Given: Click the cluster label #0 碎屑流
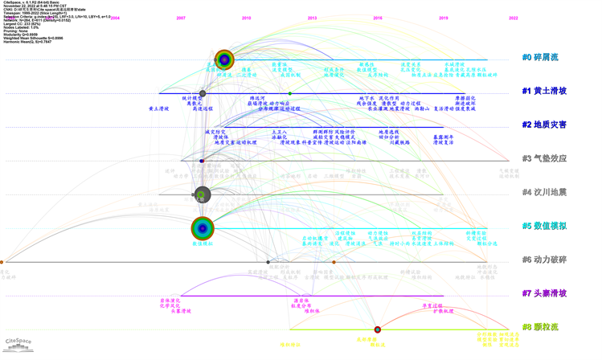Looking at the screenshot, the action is (540, 58).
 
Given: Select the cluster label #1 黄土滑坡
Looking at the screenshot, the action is (544, 92).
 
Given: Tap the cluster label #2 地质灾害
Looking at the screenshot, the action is (544, 125).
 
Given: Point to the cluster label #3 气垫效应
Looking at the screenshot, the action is (544, 159).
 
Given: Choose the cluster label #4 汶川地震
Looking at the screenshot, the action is (544, 193).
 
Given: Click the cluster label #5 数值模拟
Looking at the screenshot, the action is (544, 227).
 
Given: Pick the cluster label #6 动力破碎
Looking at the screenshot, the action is (544, 260).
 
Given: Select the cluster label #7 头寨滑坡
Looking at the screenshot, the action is (544, 294).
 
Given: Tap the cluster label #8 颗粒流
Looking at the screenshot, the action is (540, 328).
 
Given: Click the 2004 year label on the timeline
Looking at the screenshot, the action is (115, 18).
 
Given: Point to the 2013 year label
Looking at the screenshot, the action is (312, 18).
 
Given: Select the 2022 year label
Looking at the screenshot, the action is (513, 18).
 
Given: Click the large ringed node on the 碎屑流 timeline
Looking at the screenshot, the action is (224, 59).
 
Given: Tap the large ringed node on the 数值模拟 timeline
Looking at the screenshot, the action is (203, 228).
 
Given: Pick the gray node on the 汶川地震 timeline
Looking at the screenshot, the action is (203, 194).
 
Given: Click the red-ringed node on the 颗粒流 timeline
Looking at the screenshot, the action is (378, 329).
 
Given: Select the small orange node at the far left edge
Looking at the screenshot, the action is (2, 262).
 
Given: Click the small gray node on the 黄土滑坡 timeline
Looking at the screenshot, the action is (203, 93).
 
